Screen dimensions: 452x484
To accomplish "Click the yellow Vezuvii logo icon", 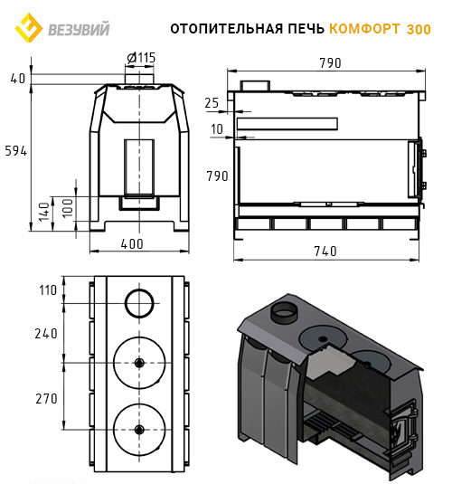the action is coord(28,28).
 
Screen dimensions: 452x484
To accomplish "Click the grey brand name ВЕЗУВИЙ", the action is coord(79,29).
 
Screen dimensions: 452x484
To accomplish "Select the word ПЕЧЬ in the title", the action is coord(306,29).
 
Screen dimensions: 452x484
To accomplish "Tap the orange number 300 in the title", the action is coord(419,29).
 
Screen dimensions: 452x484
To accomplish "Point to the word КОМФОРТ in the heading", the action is coord(364,29).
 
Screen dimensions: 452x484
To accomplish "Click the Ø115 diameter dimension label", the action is coord(141,58).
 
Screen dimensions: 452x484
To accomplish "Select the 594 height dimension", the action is coord(16,151).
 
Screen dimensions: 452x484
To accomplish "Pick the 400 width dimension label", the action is coord(132,244).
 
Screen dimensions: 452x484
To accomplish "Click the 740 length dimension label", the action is coord(325,251).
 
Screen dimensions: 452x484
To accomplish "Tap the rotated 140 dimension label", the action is coord(44,212).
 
